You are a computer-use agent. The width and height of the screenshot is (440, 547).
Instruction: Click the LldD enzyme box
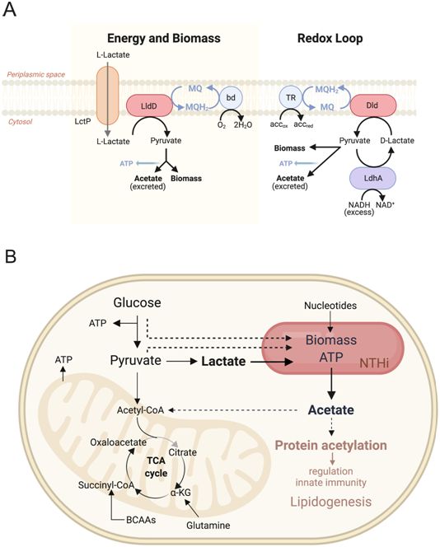149,105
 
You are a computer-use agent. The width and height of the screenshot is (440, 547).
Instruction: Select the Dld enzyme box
372,105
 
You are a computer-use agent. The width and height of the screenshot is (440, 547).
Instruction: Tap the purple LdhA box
372,178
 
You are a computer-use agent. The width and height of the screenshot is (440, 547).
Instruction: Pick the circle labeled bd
231,98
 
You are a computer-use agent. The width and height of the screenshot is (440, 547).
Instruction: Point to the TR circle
291,98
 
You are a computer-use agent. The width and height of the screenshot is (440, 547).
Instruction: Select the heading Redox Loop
330,39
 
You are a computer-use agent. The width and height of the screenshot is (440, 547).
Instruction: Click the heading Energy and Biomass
164,39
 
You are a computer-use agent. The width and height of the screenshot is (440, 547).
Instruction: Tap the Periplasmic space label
36,74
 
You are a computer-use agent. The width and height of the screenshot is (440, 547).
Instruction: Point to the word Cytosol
20,122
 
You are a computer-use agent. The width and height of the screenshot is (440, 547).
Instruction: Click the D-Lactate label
397,141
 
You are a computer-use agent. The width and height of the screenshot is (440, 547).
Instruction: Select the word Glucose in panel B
137,302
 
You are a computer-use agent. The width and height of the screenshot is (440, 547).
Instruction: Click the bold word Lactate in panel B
223,362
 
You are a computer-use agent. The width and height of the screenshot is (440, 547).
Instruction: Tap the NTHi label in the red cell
374,363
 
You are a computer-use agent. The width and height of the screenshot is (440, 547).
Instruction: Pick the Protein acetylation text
330,446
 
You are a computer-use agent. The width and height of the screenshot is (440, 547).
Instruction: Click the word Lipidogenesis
330,502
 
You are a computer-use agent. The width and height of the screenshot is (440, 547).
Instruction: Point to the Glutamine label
208,526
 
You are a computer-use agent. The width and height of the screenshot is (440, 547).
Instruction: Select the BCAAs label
141,520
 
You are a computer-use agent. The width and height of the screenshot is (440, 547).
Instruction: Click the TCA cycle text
157,467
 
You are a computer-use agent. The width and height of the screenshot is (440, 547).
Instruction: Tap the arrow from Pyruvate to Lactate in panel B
182,362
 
